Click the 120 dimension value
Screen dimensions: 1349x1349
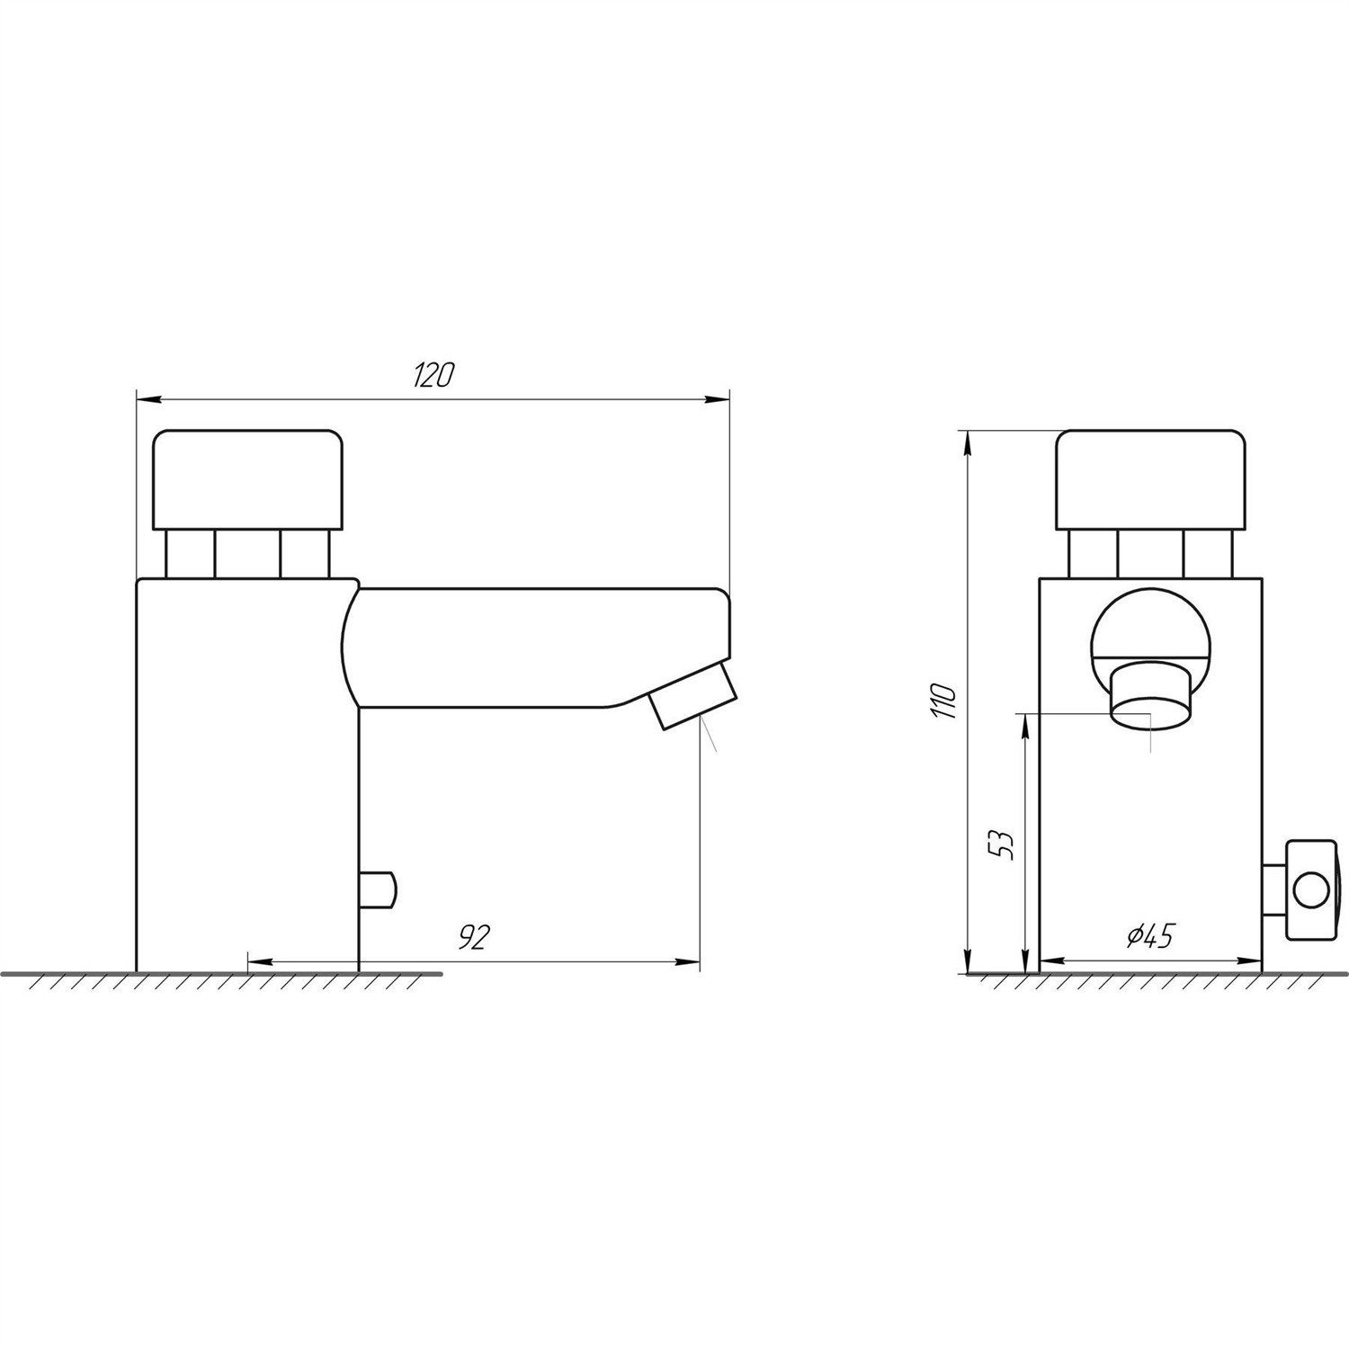point(433,375)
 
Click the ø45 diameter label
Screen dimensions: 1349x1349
point(1150,936)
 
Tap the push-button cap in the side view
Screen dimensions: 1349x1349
point(249,480)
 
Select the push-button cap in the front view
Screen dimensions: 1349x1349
point(1152,480)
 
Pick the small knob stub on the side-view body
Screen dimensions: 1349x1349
point(377,889)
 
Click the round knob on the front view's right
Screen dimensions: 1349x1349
point(1311,891)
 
